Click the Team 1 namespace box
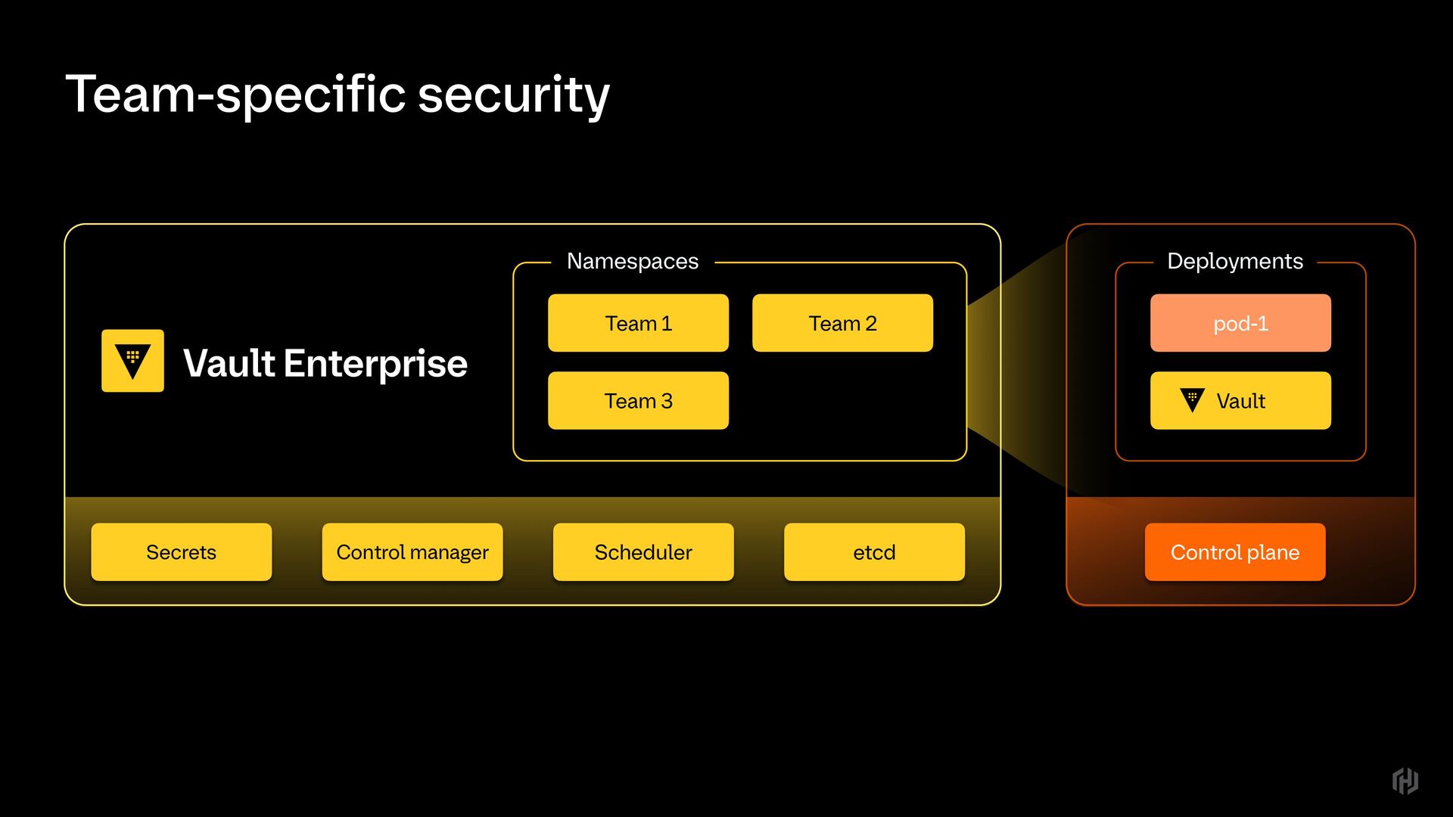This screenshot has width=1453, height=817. click(638, 323)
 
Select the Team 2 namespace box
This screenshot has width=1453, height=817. click(842, 323)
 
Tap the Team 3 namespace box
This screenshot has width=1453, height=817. click(638, 401)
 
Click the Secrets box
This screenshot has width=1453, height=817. click(181, 552)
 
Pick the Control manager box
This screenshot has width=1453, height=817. click(412, 552)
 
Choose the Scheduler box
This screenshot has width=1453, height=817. click(643, 552)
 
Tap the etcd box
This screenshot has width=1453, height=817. click(874, 552)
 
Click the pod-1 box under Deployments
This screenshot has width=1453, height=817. click(1240, 323)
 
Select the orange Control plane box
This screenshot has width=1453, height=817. click(1235, 552)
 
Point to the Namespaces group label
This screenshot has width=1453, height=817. click(633, 261)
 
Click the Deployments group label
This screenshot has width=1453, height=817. click(1235, 261)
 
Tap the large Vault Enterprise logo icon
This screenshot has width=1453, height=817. click(132, 361)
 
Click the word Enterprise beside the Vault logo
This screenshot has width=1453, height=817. click(375, 364)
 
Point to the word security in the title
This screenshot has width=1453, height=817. click(514, 95)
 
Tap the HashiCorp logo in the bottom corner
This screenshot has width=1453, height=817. click(1405, 781)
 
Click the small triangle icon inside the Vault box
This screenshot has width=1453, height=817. click(1192, 399)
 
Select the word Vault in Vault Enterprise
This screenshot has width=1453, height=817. click(229, 363)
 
